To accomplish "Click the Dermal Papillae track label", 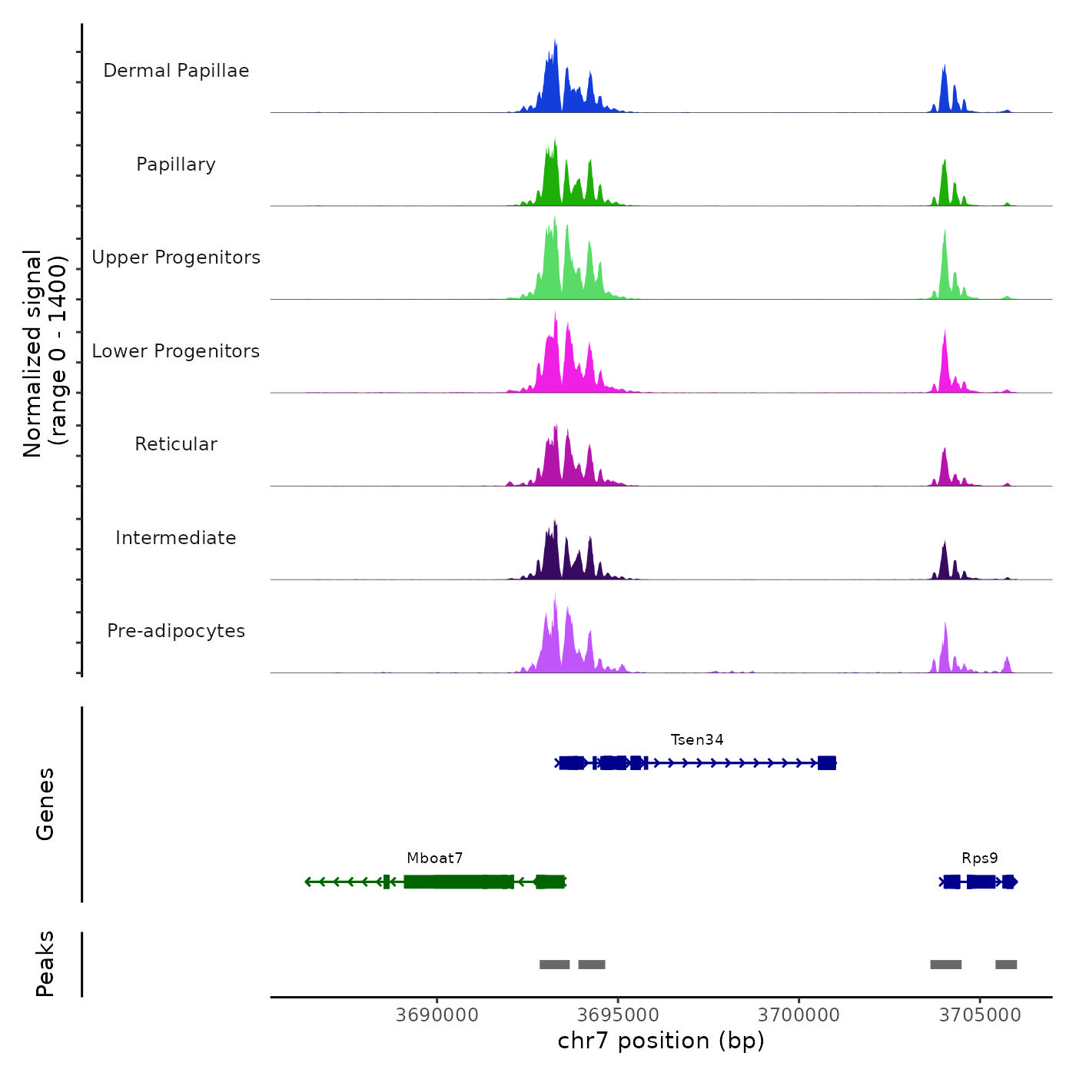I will click(176, 71).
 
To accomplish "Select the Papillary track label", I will click(176, 164).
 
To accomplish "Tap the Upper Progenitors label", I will click(176, 257).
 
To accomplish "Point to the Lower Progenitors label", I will click(176, 351).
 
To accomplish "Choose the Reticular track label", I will click(176, 444).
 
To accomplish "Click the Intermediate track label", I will click(176, 538).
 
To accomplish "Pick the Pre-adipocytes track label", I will click(176, 631).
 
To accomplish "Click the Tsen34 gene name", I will click(697, 740).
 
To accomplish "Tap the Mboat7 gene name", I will click(435, 858).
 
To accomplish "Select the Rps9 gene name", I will click(980, 858).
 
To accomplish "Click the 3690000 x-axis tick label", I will click(437, 1015).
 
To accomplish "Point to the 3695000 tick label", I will click(618, 1015).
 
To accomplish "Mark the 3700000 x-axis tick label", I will click(799, 1015).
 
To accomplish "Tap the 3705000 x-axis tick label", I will click(980, 1015).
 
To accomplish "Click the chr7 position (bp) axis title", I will click(661, 1041).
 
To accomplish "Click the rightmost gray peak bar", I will click(1006, 965).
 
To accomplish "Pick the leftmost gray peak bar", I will click(554, 965).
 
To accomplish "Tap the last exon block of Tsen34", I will click(827, 763).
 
